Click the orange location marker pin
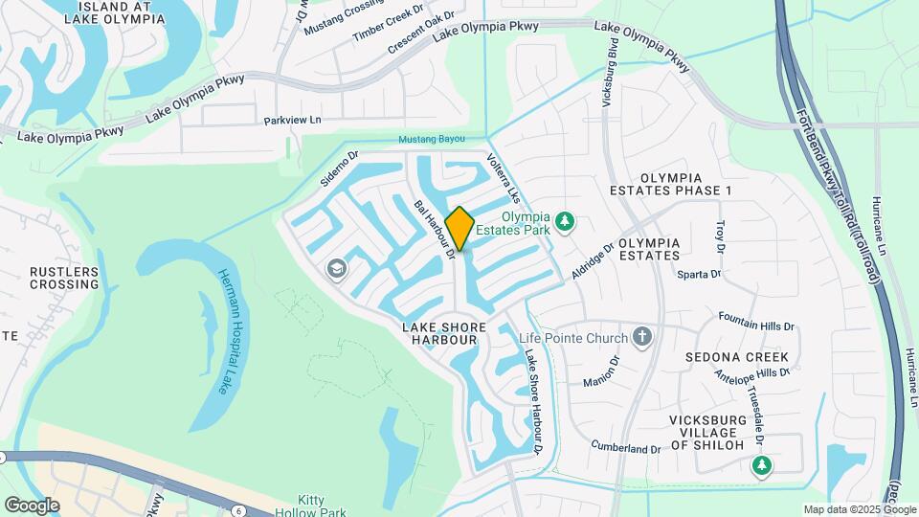pyautogui.click(x=459, y=228)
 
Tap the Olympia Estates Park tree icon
pyautogui.click(x=566, y=221)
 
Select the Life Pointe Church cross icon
pyautogui.click(x=642, y=337)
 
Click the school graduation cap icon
pyautogui.click(x=337, y=269)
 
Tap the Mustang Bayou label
pyautogui.click(x=431, y=140)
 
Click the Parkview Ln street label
pyautogui.click(x=292, y=121)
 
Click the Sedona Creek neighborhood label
pyautogui.click(x=736, y=357)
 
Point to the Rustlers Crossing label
pyautogui.click(x=64, y=278)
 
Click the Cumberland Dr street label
pyautogui.click(x=626, y=447)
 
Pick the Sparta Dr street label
pyautogui.click(x=699, y=275)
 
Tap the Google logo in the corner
pyautogui.click(x=32, y=505)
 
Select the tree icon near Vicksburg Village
pyautogui.click(x=761, y=465)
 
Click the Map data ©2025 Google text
pyautogui.click(x=859, y=509)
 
